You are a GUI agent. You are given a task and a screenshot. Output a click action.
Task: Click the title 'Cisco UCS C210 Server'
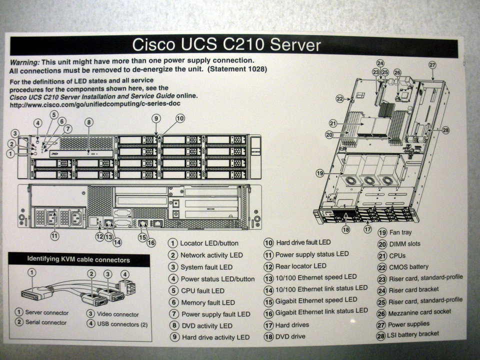(x=226, y=44)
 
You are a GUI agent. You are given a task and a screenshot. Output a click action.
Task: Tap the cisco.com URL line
(x=95, y=104)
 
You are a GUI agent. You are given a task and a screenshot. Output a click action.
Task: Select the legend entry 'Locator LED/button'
(x=209, y=243)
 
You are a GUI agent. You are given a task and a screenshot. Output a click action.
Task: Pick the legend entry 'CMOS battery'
(x=408, y=266)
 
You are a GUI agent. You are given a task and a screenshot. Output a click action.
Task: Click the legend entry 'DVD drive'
(x=290, y=336)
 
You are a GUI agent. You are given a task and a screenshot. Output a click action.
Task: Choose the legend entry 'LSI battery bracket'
(x=414, y=333)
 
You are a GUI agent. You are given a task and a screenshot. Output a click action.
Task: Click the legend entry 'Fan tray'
(x=400, y=232)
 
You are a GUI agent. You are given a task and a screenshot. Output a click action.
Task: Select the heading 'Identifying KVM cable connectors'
(x=78, y=259)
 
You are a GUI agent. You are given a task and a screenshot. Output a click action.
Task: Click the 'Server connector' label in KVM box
(x=47, y=312)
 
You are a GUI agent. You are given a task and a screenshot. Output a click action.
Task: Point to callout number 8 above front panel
(x=88, y=121)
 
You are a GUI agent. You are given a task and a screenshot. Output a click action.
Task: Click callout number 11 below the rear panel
(x=54, y=235)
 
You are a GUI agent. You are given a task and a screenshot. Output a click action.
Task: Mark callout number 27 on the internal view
(x=432, y=64)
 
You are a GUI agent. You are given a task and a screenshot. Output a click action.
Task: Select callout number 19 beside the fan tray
(x=320, y=173)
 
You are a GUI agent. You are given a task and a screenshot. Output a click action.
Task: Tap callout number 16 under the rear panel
(x=151, y=242)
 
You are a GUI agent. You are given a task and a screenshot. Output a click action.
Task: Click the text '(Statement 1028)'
(x=237, y=69)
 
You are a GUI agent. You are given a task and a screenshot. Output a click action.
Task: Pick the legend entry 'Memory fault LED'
(x=207, y=302)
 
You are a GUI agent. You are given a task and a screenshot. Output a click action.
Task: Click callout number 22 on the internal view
(x=340, y=98)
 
